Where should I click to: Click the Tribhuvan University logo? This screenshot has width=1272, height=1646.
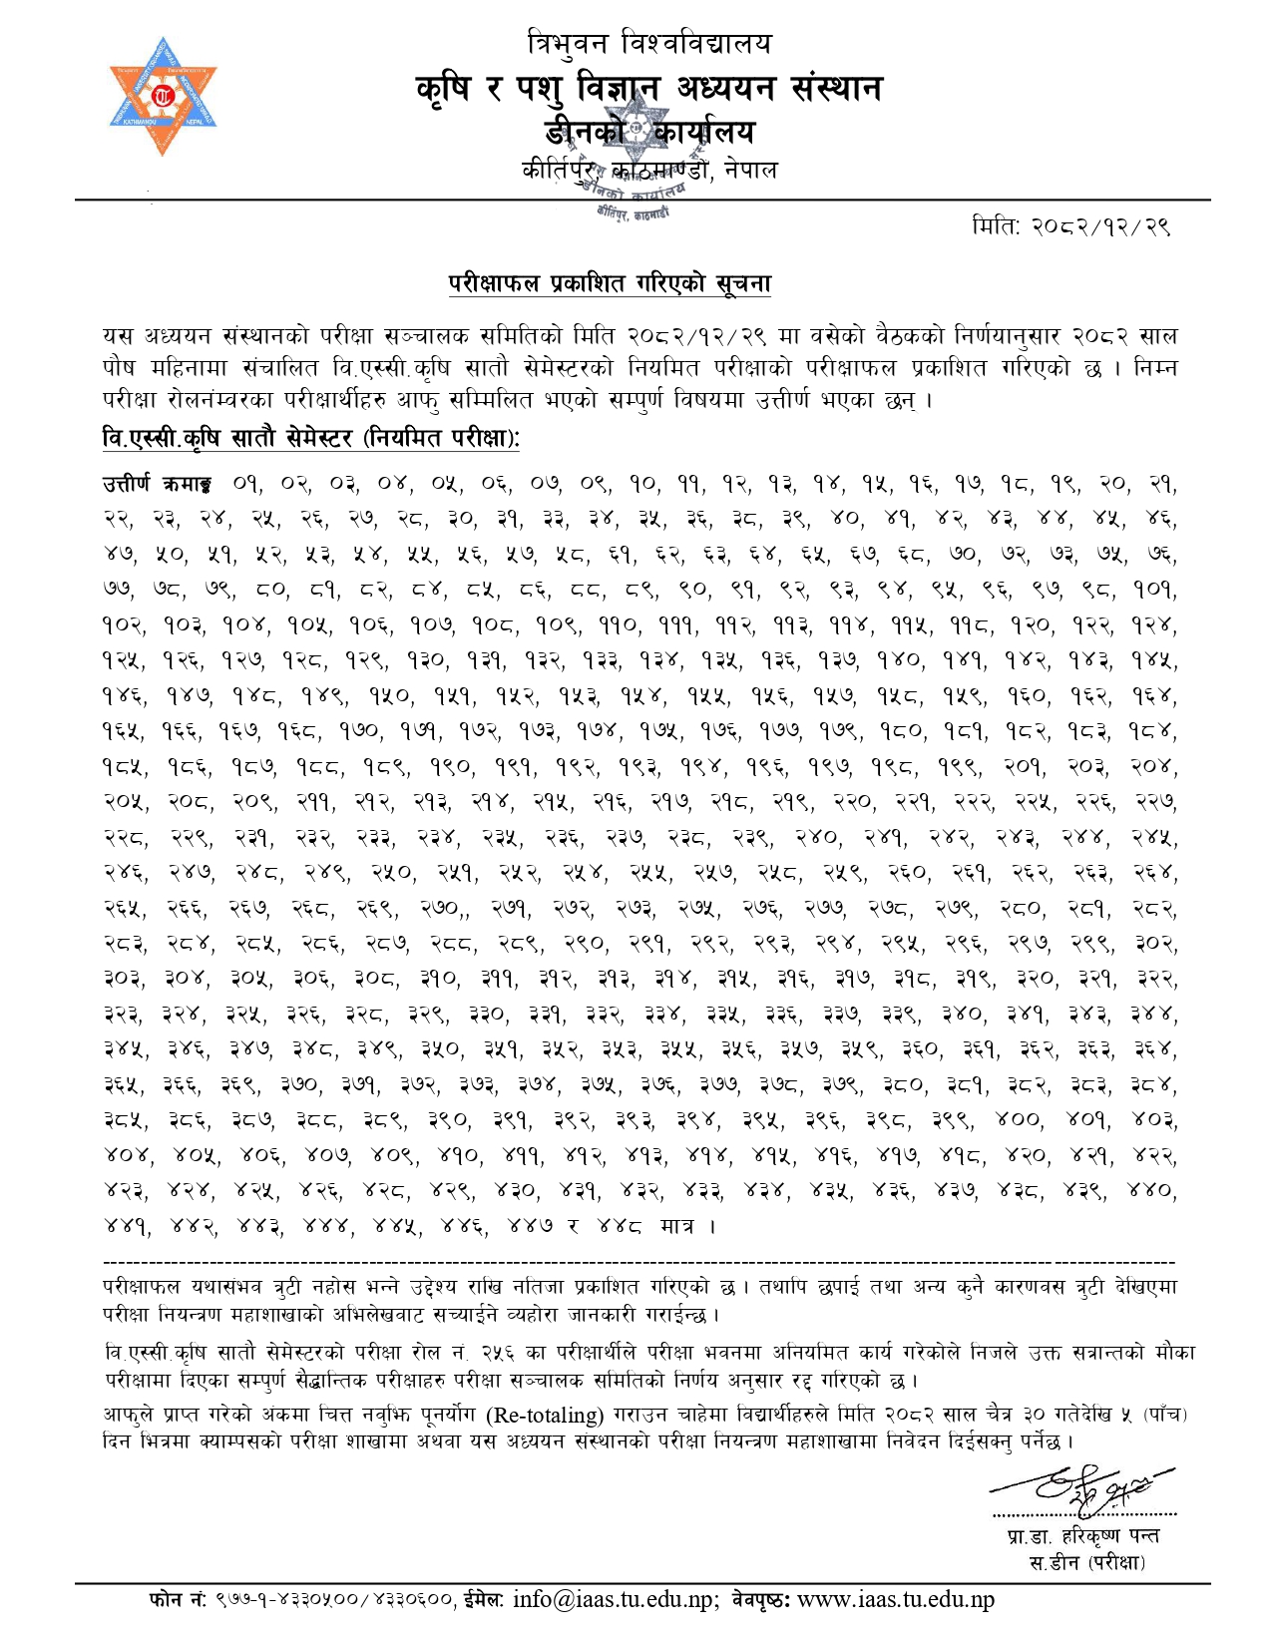tap(163, 97)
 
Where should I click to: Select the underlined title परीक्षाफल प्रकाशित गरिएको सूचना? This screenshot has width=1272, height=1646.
tap(610, 284)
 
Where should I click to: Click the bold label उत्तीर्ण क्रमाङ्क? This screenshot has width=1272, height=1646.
tap(157, 485)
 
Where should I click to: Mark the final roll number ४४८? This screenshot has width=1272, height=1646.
tap(620, 1226)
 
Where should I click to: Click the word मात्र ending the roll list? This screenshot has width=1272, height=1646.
tap(677, 1226)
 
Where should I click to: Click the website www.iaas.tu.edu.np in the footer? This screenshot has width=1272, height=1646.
tap(896, 1600)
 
